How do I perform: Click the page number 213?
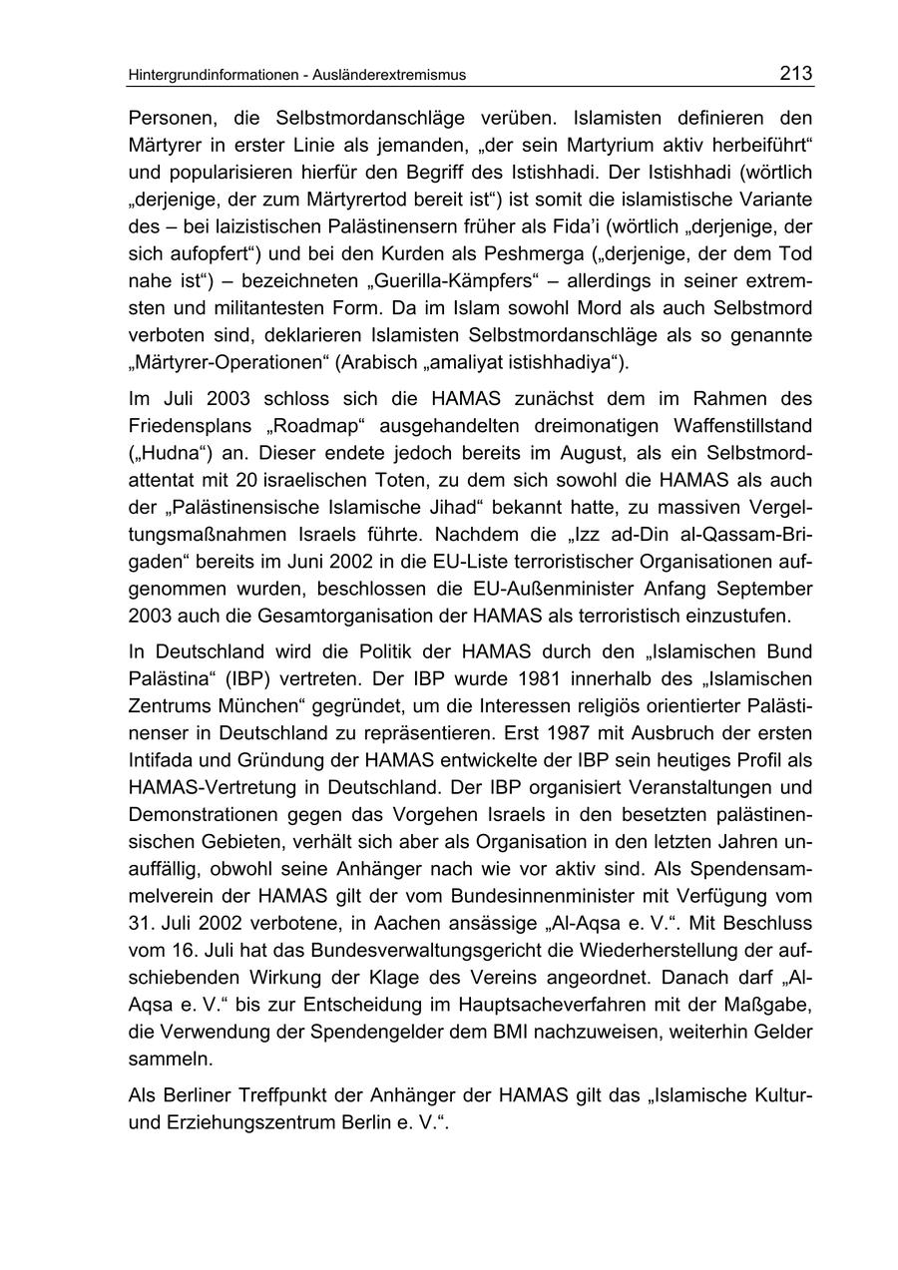click(796, 73)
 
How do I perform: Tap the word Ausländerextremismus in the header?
click(390, 75)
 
